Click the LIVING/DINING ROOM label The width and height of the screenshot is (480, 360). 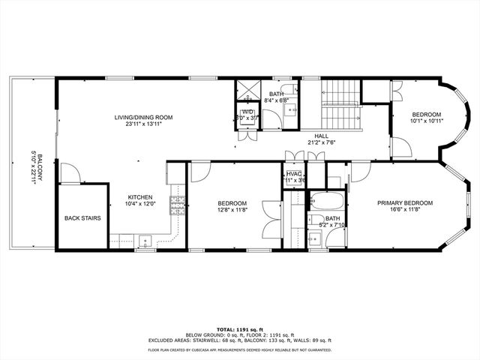143,118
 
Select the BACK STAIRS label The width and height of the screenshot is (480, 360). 82,218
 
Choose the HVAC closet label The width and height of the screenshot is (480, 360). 293,174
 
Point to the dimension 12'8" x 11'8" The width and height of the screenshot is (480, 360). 232,210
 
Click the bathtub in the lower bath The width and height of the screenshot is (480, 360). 325,202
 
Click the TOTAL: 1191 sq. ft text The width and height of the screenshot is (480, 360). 239,328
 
